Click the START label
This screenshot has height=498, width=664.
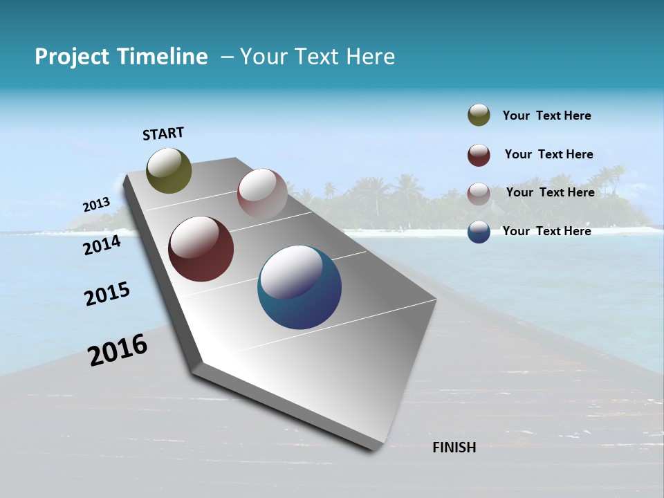(163, 133)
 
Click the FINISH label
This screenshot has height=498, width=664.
(454, 448)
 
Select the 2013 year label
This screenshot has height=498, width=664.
(96, 205)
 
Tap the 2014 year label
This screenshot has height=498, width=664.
(102, 245)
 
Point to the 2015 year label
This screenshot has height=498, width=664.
(107, 294)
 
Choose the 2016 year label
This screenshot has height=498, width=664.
(118, 350)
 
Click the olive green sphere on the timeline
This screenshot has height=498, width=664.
(169, 170)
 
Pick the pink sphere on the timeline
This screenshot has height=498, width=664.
(262, 193)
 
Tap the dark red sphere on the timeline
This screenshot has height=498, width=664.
(201, 249)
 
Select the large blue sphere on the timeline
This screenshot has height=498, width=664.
(299, 287)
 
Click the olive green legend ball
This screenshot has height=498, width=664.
(479, 115)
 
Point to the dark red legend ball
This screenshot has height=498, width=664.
(479, 155)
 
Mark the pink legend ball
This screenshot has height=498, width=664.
(479, 194)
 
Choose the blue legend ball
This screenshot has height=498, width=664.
(479, 232)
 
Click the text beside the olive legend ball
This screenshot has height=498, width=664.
(546, 116)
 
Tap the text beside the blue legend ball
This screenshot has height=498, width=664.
(546, 231)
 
